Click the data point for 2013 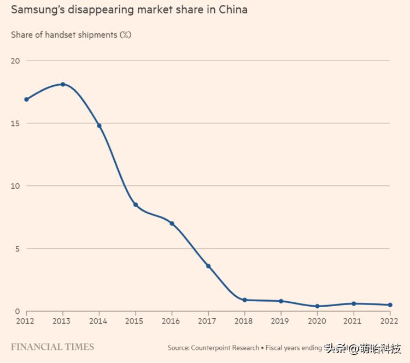coord(63,84)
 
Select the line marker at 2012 coord(26,99)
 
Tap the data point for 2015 coord(136,205)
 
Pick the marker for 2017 coord(208,266)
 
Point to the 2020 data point coord(317,306)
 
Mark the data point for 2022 coord(390,305)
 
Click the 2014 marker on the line coord(99,126)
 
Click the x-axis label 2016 coord(172,321)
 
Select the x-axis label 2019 coord(281,321)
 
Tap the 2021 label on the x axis coord(354,321)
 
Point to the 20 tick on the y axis coord(15,61)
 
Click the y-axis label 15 coord(15,124)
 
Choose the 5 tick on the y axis coord(17,249)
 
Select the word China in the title coord(232,10)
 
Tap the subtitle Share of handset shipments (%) coord(71,35)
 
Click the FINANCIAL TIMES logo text coord(52,347)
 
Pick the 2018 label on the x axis coord(244,321)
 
